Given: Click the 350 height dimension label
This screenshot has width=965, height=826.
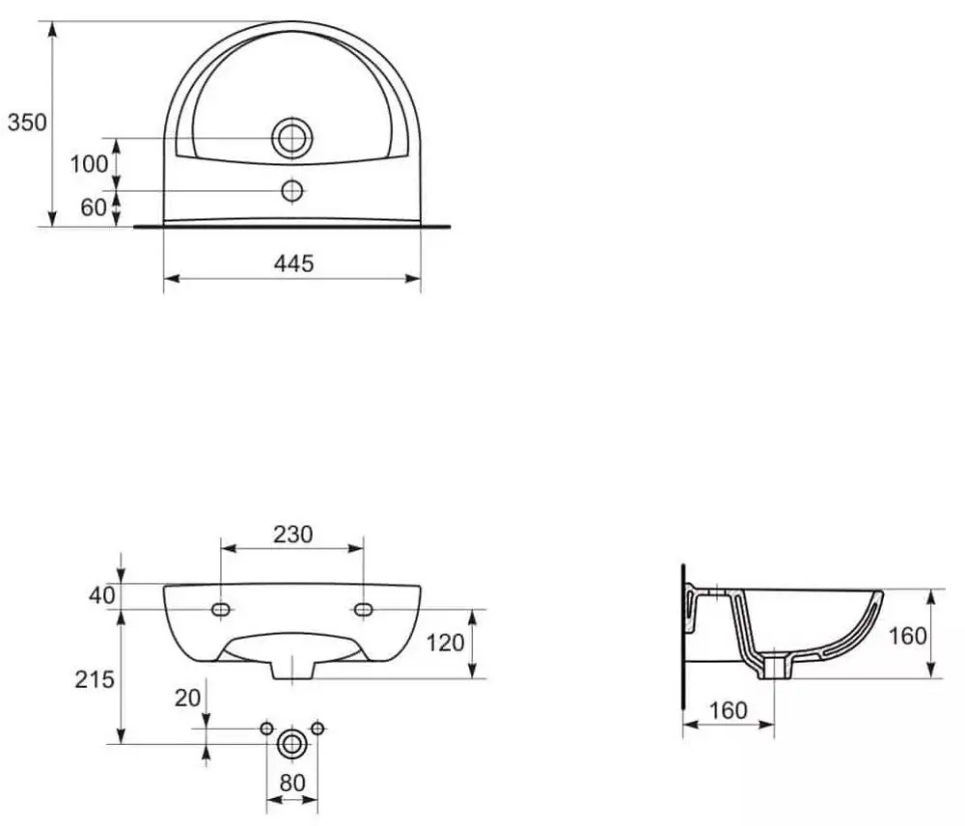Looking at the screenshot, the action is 27,123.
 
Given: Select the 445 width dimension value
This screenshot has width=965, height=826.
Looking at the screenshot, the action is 293,263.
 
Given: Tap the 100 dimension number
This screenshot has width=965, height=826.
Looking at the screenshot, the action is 89,164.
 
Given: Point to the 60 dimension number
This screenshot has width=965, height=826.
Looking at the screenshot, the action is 94,207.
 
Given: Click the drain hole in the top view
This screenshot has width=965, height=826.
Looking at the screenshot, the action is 292,138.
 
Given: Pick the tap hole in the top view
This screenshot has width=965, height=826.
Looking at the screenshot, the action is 292,191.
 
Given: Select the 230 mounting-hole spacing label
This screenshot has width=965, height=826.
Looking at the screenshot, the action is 293,535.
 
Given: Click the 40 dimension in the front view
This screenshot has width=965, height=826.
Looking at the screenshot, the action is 102,595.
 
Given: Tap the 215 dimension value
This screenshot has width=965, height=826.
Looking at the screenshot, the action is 95,679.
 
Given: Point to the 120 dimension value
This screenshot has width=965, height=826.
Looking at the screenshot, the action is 445,644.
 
